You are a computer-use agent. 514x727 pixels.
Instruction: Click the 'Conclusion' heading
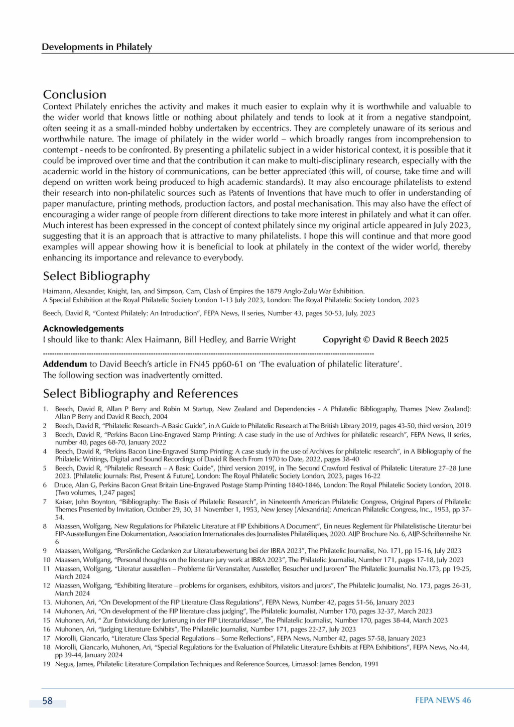coord(75,94)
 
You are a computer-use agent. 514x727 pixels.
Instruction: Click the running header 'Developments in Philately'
coord(97,47)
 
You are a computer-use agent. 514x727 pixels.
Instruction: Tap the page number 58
coord(47,701)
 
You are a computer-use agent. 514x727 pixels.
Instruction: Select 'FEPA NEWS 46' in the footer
coord(443,700)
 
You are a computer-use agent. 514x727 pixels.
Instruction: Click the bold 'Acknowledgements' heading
coord(83,328)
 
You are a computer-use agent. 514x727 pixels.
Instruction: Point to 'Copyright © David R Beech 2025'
coord(385,339)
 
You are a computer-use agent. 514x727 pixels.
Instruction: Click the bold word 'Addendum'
coord(65,364)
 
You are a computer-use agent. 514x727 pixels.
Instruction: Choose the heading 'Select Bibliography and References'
coord(140,394)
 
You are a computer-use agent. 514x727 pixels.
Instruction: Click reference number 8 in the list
coord(45,526)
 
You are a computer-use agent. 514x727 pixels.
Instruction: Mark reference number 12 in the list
coord(47,585)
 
